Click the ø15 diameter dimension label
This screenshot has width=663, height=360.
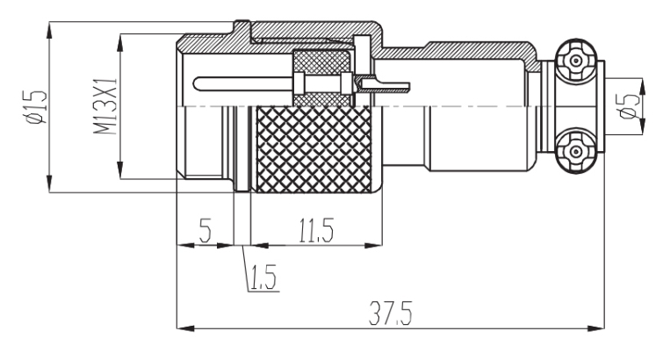(x=33, y=104)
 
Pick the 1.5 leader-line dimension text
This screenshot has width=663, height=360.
(x=258, y=281)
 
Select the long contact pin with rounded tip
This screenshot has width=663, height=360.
(x=246, y=84)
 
